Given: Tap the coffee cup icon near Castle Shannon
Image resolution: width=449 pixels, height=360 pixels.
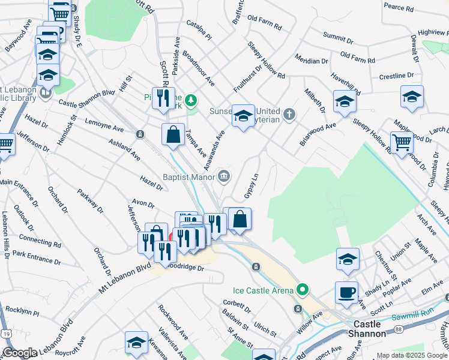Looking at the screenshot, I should click(x=346, y=293).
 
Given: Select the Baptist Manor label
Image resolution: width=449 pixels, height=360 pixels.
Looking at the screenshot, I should click(x=188, y=176).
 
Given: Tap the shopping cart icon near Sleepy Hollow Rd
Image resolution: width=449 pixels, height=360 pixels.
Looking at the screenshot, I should click(x=402, y=143).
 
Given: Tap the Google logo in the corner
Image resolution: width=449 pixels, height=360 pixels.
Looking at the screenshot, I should click(x=20, y=352).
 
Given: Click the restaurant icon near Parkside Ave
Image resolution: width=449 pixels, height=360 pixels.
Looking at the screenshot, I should click(x=163, y=98).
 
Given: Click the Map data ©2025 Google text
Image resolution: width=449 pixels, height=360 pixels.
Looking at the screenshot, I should click(x=411, y=355).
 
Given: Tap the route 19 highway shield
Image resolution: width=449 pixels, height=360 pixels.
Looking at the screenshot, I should click(x=5, y=331).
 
